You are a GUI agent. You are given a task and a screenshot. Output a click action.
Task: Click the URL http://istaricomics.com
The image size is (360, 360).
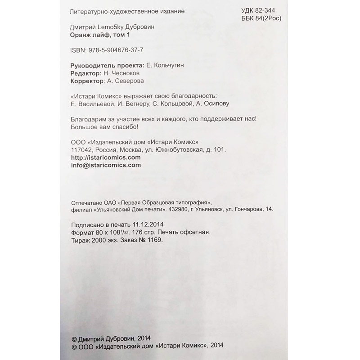pyautogui.click(x=106, y=157)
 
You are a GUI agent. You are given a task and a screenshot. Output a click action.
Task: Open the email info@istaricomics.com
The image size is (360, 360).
pyautogui.click(x=106, y=165)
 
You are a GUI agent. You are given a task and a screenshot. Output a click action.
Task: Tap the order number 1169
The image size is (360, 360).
pyautogui.click(x=153, y=240)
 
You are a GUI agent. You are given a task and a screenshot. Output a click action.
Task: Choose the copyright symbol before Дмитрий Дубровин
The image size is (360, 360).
pyautogui.click(x=74, y=338)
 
